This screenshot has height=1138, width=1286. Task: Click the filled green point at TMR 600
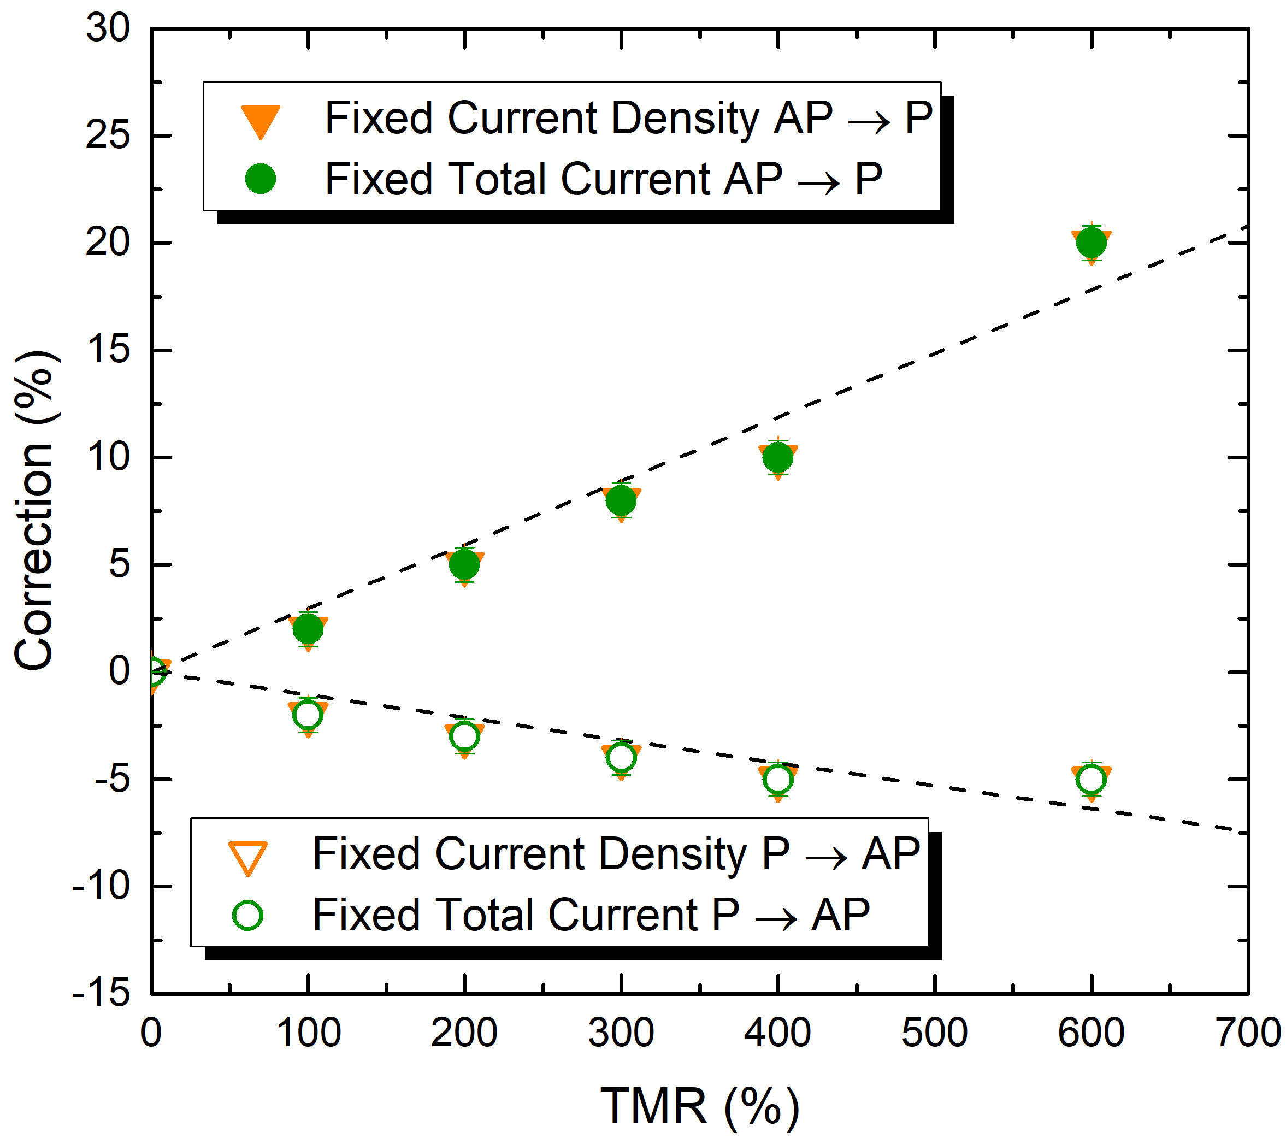point(1091,242)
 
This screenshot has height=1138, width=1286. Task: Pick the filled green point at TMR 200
point(464,564)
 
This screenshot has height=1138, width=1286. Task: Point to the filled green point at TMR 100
point(308,628)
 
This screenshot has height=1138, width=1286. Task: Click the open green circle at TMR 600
point(1091,780)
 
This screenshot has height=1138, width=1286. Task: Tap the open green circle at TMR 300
point(621,757)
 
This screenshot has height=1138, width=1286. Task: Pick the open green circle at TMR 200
point(464,736)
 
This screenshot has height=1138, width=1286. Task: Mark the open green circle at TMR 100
point(308,715)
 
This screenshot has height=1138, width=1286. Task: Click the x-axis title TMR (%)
point(700,1105)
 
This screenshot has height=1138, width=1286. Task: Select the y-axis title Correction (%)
point(37,511)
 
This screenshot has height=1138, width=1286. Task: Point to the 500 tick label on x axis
point(934,1033)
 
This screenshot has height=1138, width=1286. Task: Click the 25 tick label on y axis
point(108,135)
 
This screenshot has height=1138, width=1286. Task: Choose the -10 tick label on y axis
point(101,886)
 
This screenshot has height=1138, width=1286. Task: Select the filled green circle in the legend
point(261,179)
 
